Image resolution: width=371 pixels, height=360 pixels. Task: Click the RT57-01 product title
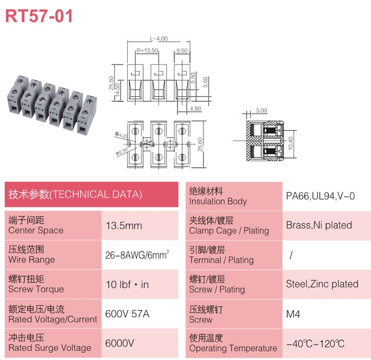pos(39,16)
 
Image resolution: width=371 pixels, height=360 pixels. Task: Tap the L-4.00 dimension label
pos(159,38)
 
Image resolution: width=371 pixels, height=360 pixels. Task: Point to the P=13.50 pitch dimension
pos(147,50)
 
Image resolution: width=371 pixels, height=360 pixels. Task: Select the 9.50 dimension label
pos(182,50)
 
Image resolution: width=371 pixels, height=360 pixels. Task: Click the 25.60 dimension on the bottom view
pos(200,144)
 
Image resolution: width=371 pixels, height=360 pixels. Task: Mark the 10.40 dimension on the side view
pos(290,143)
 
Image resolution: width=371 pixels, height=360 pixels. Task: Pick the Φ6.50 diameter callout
pos(122,151)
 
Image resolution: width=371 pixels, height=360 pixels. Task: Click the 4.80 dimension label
pos(196,109)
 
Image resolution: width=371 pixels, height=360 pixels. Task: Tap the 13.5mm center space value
pos(123,225)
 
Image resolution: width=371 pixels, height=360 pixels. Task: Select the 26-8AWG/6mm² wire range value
pos(137,255)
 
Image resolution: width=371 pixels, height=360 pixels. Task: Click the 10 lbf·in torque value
pos(127,285)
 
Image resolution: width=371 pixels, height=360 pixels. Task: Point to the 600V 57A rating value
pos(127,314)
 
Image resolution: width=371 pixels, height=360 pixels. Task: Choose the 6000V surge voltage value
pos(120,343)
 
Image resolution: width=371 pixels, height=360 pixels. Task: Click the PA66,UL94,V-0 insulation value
pos(320,196)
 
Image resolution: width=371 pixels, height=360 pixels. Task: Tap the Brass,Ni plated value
pos(319,225)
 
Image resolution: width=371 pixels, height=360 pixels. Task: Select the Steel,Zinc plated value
pos(322,284)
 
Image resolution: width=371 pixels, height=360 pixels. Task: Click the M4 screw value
pos(293,314)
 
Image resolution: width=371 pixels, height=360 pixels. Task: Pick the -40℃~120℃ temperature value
pos(315,344)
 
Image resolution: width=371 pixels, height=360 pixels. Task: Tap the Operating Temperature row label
pos(233,348)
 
